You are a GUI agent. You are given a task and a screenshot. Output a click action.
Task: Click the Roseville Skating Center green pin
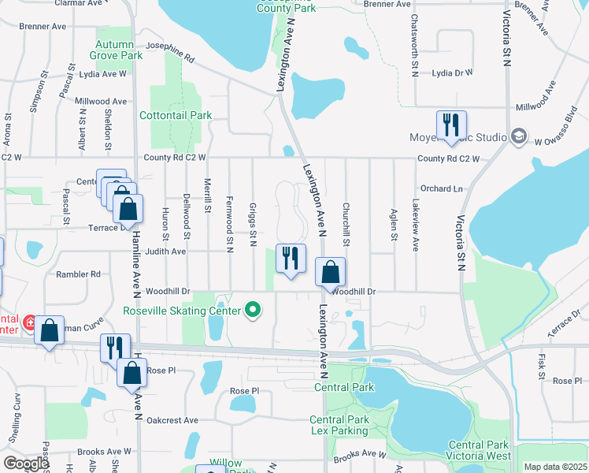point(253,311)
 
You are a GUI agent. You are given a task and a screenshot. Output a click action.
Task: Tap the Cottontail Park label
point(176,115)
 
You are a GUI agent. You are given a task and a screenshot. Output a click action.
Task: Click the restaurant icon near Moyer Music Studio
point(451,125)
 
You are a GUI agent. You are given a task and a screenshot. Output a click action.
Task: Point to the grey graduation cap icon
point(518,137)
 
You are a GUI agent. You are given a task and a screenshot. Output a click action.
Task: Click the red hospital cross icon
point(30,322)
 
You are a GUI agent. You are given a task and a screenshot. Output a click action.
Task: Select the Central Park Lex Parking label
point(339,425)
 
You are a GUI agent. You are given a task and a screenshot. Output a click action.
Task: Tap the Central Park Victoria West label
point(480,450)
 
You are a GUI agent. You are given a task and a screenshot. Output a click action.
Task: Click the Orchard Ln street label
point(441,188)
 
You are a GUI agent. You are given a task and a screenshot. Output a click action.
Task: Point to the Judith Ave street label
point(166,252)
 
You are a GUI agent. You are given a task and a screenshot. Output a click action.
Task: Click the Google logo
point(26,463)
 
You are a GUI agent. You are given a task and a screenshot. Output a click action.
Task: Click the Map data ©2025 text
point(554,467)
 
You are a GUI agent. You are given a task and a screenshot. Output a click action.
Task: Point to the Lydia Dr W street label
point(452,73)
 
